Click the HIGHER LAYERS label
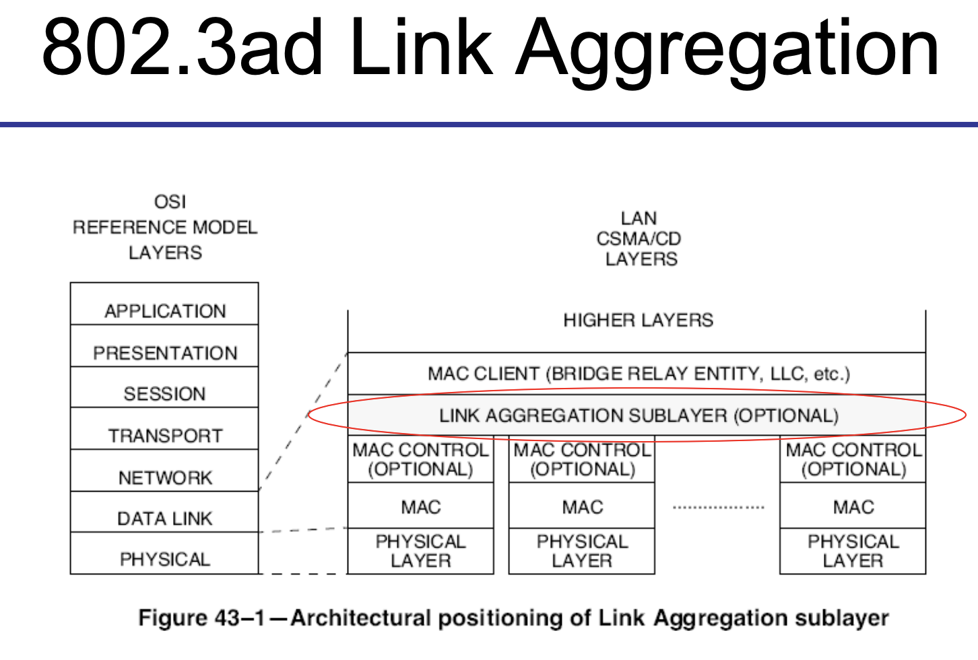tap(638, 321)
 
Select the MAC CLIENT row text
tap(638, 374)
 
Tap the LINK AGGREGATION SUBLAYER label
tap(638, 416)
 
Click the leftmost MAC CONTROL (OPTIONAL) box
tap(420, 460)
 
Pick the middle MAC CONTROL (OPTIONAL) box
tap(582, 460)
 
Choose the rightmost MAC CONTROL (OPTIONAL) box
tap(853, 460)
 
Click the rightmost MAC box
tap(853, 506)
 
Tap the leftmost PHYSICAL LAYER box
tap(420, 551)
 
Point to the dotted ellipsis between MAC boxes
tap(718, 507)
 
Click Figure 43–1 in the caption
tap(201, 618)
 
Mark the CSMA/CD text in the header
tap(639, 239)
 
